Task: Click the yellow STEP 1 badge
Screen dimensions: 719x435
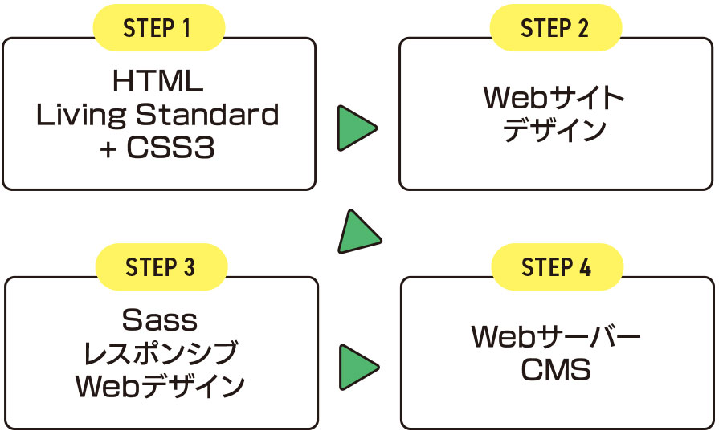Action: [159, 28]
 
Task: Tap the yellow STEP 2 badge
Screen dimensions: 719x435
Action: [556, 28]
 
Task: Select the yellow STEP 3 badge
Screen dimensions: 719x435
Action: [161, 267]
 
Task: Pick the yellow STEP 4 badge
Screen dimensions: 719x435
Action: [558, 267]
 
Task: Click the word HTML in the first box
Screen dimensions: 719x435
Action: [157, 81]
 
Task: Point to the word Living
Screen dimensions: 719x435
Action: [80, 115]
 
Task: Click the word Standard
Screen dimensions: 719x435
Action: [207, 114]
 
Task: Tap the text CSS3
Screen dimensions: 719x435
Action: [170, 148]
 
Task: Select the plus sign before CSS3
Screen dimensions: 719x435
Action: [108, 148]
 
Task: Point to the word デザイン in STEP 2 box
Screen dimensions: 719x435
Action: [554, 130]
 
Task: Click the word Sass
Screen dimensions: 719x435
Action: [160, 319]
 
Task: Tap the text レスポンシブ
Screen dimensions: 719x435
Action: [161, 352]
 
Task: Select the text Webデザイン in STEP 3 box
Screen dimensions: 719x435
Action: [160, 385]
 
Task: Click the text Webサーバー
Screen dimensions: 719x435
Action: [556, 336]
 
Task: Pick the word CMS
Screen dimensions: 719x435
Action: [556, 369]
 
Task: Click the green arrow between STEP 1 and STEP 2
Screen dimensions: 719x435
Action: [357, 128]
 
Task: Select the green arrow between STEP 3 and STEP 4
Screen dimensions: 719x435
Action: [358, 368]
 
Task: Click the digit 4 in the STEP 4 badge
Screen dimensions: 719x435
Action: [585, 267]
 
